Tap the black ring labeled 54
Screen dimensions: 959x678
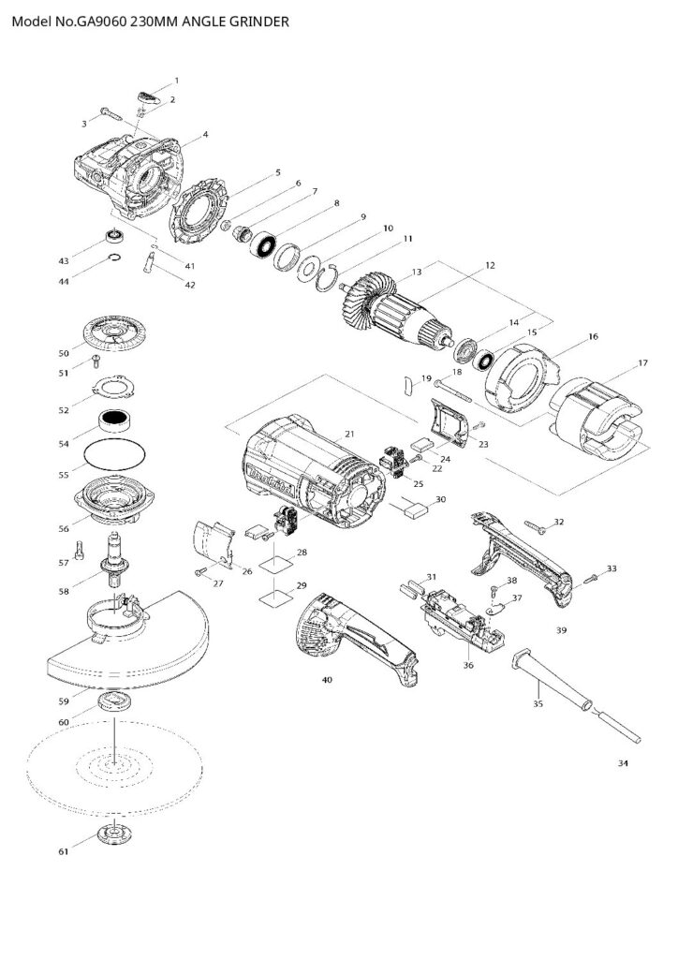tap(114, 422)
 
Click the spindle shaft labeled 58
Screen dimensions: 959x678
tap(117, 558)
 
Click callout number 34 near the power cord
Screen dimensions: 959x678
tap(624, 764)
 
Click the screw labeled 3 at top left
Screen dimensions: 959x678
tap(108, 115)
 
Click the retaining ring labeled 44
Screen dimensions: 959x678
tap(113, 259)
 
